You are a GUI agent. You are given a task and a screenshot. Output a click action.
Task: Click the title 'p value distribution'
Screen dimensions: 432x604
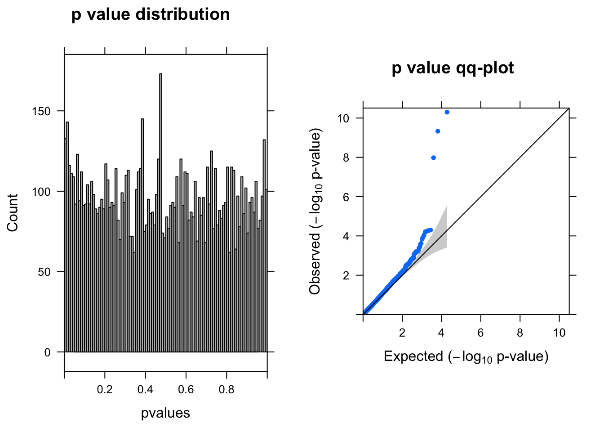tap(151, 14)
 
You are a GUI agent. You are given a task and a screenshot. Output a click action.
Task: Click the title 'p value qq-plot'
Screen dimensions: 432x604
tap(453, 68)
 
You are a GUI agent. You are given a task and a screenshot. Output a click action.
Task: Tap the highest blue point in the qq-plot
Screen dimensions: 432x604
tap(447, 112)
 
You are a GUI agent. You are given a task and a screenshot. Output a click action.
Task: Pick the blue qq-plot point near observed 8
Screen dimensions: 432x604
tap(433, 157)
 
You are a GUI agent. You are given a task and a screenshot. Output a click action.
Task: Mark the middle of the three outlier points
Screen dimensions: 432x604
tap(438, 131)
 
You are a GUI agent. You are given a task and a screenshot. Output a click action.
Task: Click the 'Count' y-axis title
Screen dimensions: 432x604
tap(13, 213)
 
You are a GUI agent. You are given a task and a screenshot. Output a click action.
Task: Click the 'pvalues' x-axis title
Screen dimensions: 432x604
tap(165, 413)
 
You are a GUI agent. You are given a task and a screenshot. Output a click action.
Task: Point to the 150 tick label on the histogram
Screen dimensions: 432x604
tap(41, 111)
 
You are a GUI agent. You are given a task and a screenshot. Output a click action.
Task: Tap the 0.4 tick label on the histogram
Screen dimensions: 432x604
tap(145, 390)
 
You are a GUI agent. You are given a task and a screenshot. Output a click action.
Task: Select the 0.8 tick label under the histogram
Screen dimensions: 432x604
tap(226, 390)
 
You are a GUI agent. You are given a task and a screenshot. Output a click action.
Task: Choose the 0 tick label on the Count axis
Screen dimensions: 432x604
tap(48, 353)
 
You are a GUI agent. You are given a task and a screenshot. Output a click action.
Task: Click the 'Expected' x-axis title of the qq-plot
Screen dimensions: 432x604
tap(466, 357)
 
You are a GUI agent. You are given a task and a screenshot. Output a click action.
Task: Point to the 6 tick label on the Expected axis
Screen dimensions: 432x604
tap(481, 333)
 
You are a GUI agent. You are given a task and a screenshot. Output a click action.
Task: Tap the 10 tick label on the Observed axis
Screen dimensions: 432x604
tap(344, 118)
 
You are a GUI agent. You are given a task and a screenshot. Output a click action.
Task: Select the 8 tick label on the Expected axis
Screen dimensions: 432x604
tap(520, 333)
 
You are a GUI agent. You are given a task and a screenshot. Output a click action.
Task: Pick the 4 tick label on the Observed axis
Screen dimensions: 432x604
tap(346, 236)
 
